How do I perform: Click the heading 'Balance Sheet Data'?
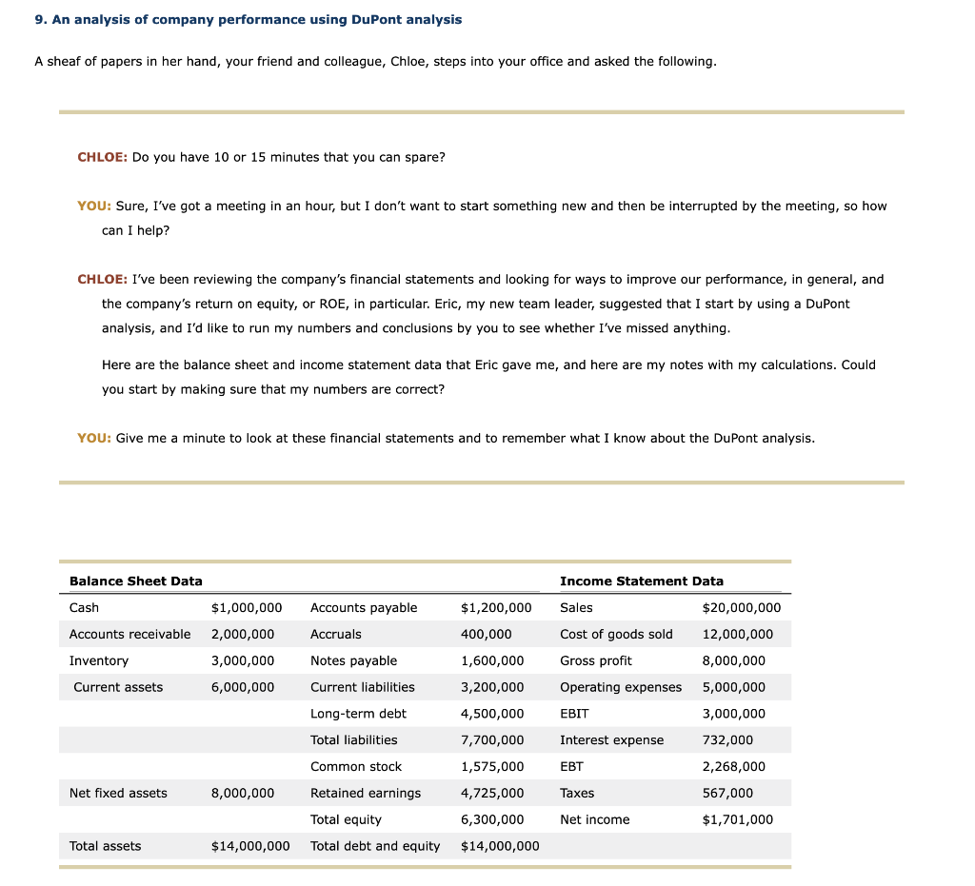[x=135, y=581]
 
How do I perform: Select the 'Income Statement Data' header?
[x=641, y=581]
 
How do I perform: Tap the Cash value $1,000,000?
[x=246, y=607]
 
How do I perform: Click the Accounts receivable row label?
[x=129, y=634]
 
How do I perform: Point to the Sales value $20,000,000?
[x=741, y=607]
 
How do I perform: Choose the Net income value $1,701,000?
[x=737, y=819]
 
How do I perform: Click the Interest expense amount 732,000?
[x=727, y=739]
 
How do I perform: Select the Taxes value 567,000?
[x=727, y=793]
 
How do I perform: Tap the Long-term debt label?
[x=358, y=713]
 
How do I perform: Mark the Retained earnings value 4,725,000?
[x=491, y=793]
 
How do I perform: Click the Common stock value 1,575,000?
[x=491, y=766]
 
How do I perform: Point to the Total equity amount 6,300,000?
[x=491, y=819]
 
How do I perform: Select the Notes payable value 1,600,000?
[x=491, y=660]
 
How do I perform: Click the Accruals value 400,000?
[x=486, y=634]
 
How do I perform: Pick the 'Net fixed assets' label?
[x=118, y=793]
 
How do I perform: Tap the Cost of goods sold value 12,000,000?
[x=737, y=634]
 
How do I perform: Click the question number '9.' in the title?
[x=40, y=19]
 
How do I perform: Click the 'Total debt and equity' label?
[x=375, y=846]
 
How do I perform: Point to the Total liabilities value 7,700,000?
[x=491, y=739]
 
